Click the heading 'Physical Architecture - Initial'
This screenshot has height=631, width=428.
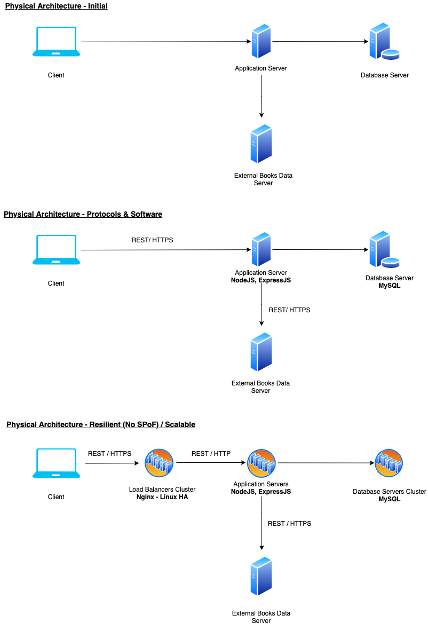(56, 6)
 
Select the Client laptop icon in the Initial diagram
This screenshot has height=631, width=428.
(56, 42)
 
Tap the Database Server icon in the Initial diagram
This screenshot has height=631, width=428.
(384, 42)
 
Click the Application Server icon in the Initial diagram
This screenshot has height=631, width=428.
(261, 42)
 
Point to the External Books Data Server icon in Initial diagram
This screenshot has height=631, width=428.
(261, 144)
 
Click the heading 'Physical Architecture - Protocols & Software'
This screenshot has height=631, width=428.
(83, 214)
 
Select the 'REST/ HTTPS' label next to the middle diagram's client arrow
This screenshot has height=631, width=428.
(152, 240)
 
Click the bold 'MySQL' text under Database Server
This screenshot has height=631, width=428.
(389, 286)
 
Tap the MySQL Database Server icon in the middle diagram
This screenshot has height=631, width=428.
(384, 250)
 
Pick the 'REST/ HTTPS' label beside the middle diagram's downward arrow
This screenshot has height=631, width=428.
(289, 310)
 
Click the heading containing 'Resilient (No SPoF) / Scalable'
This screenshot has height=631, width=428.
(101, 424)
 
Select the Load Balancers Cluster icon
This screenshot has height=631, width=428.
(159, 463)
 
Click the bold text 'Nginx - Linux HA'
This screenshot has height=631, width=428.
(162, 497)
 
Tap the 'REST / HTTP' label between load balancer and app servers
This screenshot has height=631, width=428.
(211, 454)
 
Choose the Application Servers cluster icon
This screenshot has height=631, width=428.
(261, 463)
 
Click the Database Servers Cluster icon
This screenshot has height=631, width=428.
(389, 463)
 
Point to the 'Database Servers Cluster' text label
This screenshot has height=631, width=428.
(389, 491)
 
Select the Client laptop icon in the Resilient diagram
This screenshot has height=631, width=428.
(56, 463)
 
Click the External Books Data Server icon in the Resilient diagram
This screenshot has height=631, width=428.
(261, 577)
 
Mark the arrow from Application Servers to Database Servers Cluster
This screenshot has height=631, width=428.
(326, 463)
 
